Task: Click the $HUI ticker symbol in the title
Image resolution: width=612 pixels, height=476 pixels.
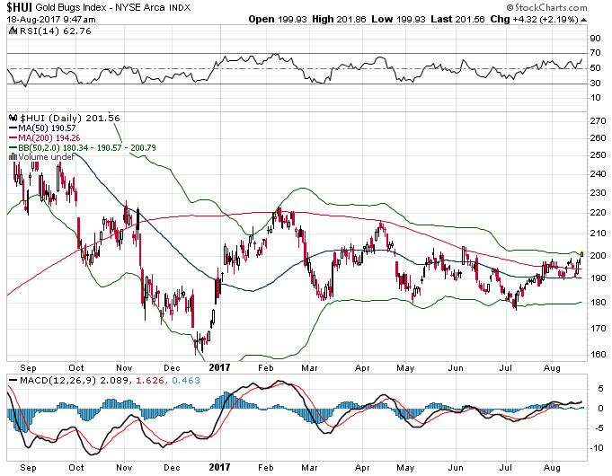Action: coord(20,6)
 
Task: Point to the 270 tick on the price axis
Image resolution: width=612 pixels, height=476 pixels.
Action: coord(596,119)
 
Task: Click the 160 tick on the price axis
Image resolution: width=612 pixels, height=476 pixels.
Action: coord(596,354)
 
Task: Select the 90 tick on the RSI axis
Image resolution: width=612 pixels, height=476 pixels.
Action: coord(594,39)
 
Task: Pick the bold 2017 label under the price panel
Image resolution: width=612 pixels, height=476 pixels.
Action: coord(220,367)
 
